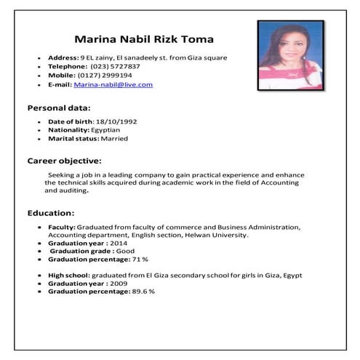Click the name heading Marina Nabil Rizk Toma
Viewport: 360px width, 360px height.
144,39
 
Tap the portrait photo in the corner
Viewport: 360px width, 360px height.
290,55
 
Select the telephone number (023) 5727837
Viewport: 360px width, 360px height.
116,66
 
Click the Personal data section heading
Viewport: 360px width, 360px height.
59,108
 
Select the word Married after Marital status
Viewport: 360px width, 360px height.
113,137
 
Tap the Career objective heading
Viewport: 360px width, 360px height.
64,160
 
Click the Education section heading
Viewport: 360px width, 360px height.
51,213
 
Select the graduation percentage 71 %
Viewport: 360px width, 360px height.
140,259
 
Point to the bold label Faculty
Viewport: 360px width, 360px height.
61,227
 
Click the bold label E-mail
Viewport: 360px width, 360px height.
60,84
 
